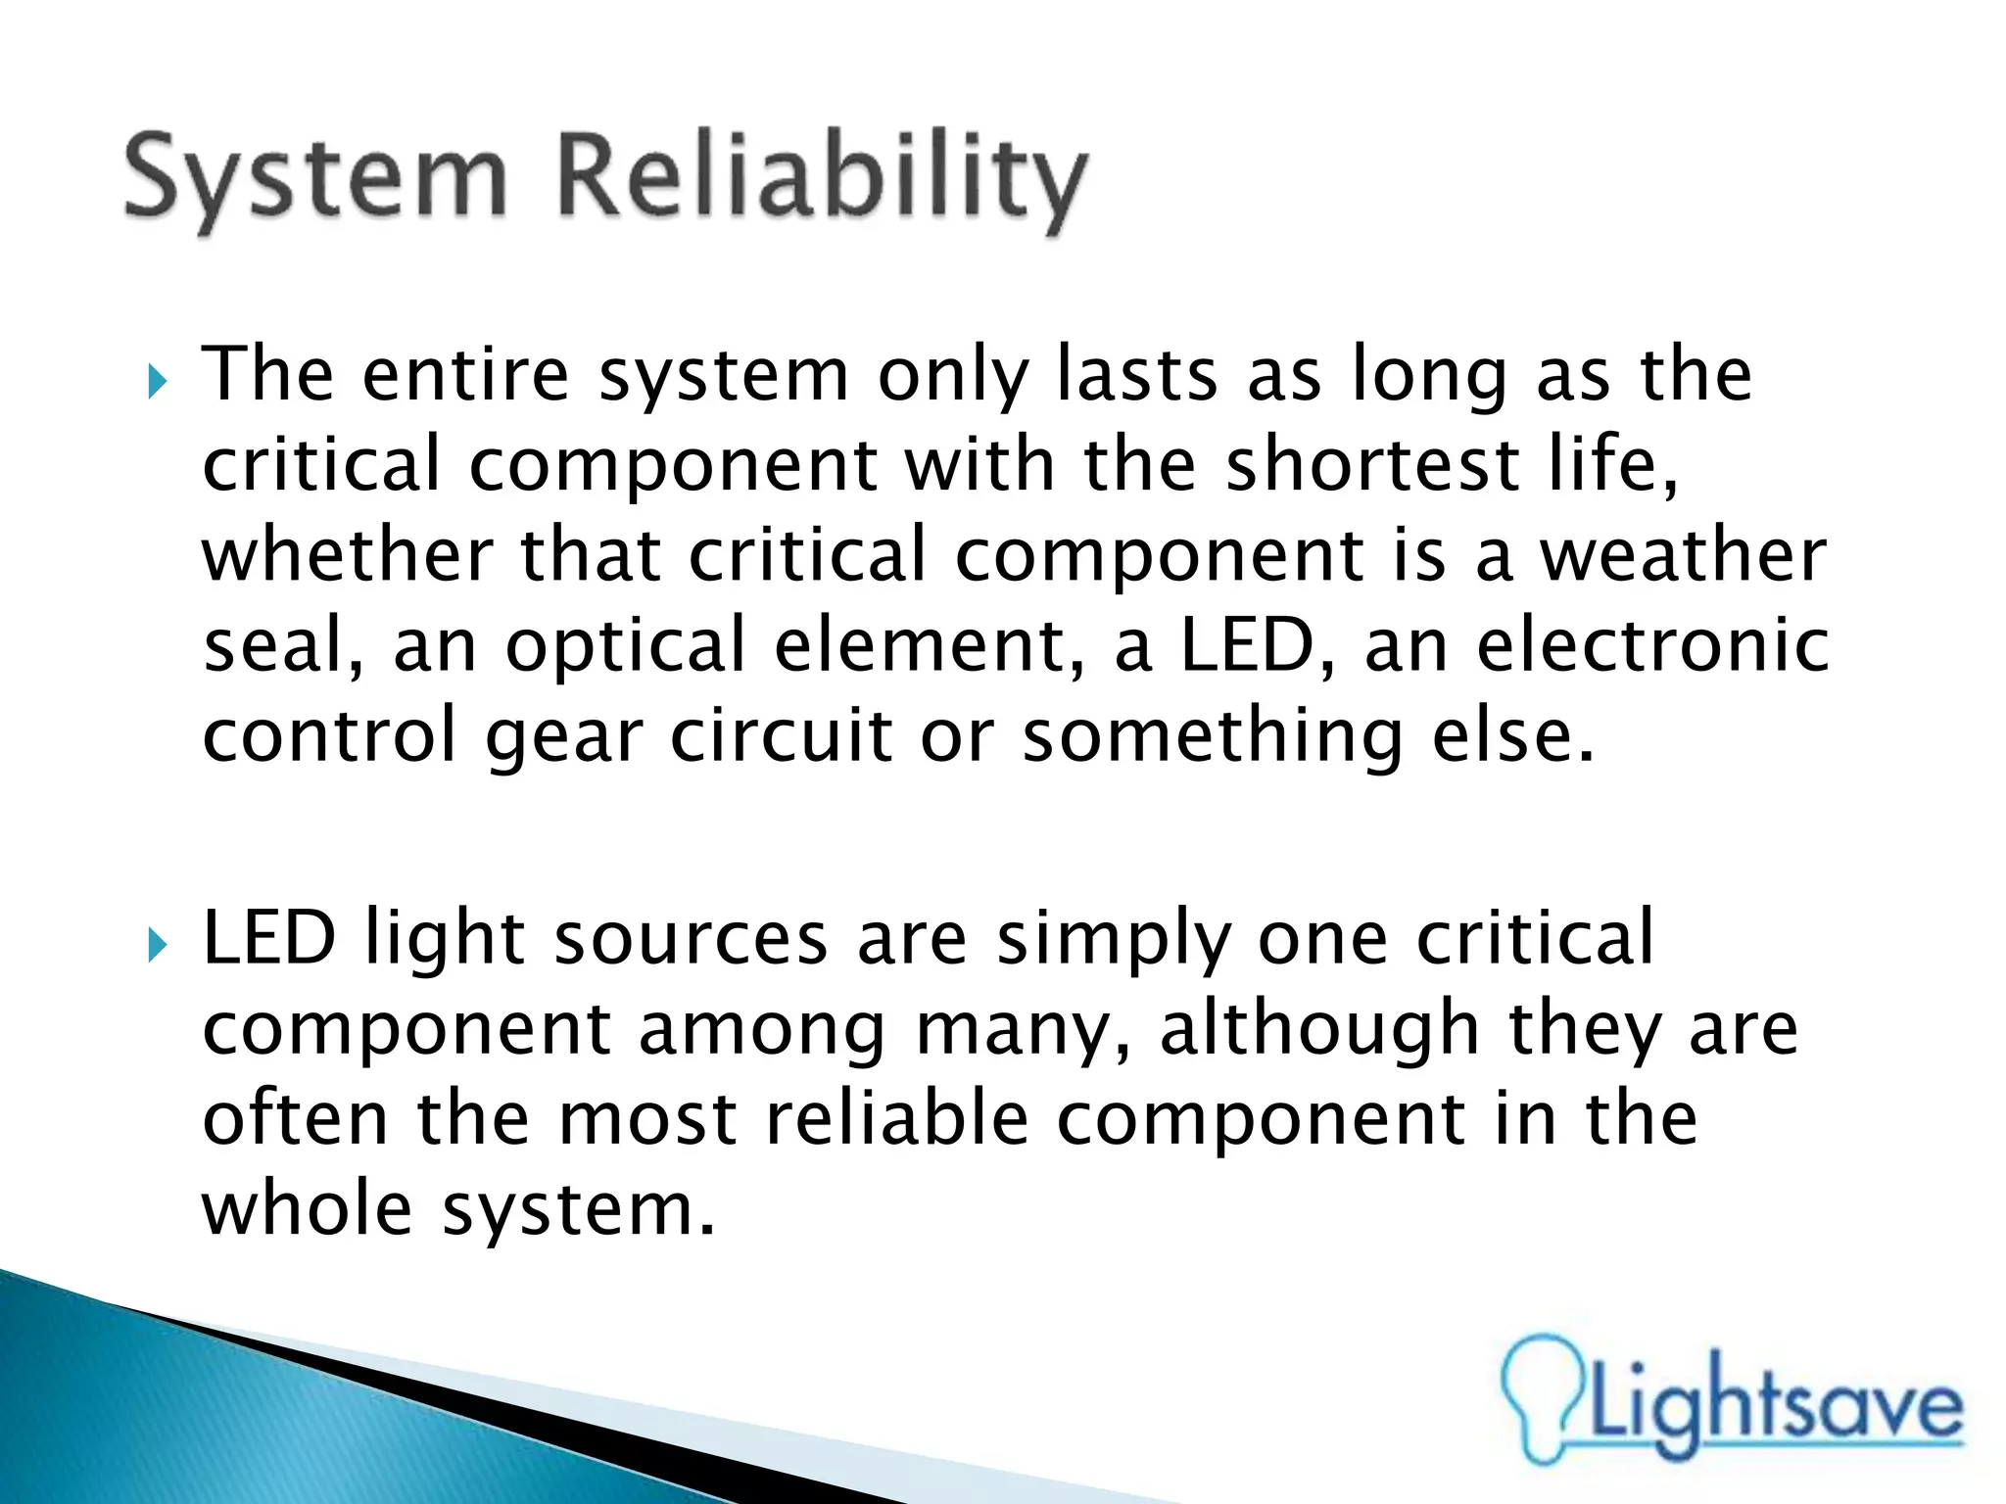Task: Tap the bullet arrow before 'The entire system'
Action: point(158,381)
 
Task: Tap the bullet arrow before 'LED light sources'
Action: point(158,945)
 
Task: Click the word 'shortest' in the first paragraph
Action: point(1372,465)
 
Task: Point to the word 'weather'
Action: point(1682,555)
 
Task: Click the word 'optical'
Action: point(626,647)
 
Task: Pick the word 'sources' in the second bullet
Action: point(691,939)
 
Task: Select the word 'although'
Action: point(1318,1029)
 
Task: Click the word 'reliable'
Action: point(896,1118)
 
